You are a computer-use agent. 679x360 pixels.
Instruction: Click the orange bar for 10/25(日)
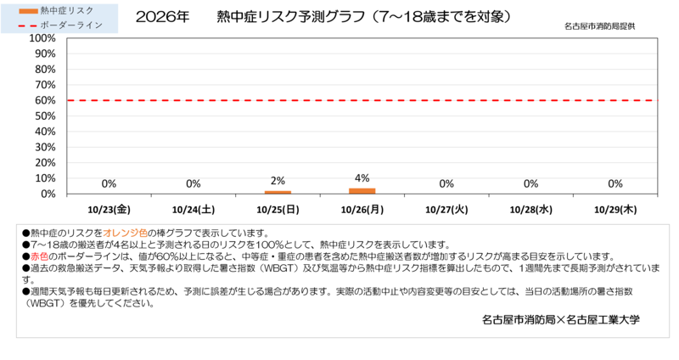pyautogui.click(x=278, y=193)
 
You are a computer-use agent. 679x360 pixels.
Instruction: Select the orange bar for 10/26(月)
pyautogui.click(x=362, y=191)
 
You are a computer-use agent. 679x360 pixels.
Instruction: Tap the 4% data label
pyautogui.click(x=362, y=178)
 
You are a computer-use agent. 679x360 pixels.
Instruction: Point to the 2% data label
pyautogui.click(x=278, y=181)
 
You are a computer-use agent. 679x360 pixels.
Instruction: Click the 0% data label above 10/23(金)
pyautogui.click(x=109, y=183)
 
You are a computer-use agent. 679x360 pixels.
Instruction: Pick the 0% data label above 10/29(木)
pyautogui.click(x=614, y=183)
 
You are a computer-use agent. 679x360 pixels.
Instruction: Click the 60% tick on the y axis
pyautogui.click(x=45, y=100)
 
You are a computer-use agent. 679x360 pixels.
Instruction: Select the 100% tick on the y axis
pyautogui.click(x=42, y=38)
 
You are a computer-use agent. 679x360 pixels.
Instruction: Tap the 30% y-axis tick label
pyautogui.click(x=45, y=147)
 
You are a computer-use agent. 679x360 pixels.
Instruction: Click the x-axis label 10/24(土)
pyautogui.click(x=194, y=210)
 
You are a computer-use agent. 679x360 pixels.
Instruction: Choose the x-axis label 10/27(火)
pyautogui.click(x=446, y=210)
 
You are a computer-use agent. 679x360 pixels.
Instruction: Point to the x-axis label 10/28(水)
pyautogui.click(x=531, y=210)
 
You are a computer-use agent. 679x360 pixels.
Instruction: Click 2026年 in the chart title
pyautogui.click(x=162, y=17)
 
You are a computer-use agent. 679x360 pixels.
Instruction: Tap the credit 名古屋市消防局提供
pyautogui.click(x=600, y=26)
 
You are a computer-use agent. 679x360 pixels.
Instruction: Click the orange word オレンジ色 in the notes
pyautogui.click(x=125, y=233)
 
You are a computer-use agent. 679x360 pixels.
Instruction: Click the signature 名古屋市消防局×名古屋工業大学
pyautogui.click(x=561, y=320)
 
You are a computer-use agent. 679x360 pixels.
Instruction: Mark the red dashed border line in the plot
pyautogui.click(x=362, y=100)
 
